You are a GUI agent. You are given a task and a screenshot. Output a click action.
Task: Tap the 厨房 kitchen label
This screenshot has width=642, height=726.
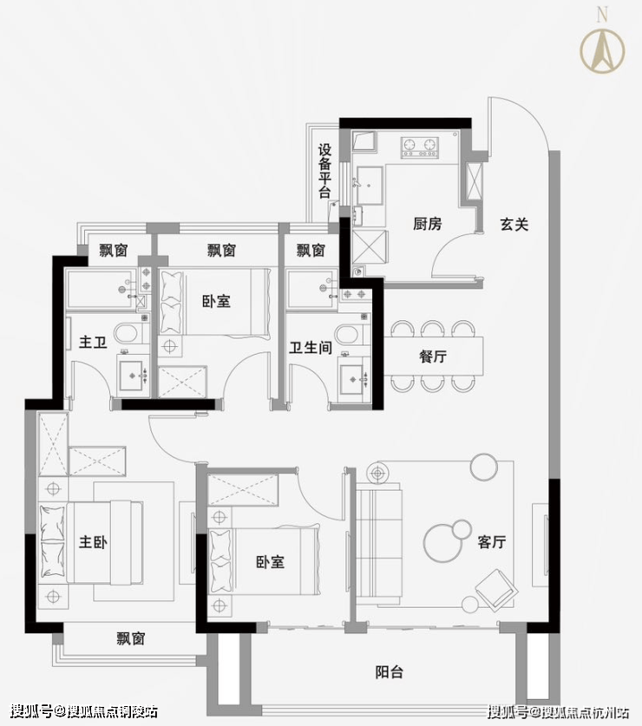click(427, 224)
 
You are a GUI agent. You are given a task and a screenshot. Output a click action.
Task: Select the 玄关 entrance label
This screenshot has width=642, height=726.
click(514, 225)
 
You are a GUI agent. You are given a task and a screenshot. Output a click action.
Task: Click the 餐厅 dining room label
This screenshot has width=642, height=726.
click(433, 356)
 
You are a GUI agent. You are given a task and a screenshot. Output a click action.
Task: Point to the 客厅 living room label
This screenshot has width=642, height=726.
click(491, 542)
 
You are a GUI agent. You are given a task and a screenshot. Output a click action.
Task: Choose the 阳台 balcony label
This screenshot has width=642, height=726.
click(389, 672)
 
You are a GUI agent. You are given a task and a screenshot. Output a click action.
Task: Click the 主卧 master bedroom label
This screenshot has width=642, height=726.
click(93, 542)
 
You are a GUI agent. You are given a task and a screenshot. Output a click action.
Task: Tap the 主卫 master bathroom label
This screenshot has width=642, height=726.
click(93, 343)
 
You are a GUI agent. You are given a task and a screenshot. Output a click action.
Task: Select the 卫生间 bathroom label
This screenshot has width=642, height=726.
click(311, 348)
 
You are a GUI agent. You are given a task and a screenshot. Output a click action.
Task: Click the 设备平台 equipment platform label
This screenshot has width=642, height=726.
click(324, 171)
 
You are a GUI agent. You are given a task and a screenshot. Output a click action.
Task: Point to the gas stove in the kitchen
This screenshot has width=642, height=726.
click(420, 147)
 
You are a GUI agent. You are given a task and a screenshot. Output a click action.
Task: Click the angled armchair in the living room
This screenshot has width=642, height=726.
click(496, 590)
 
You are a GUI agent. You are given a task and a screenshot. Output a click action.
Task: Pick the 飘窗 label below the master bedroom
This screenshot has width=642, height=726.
click(131, 639)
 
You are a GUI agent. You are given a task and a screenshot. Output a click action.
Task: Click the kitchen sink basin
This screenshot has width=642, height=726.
click(370, 185)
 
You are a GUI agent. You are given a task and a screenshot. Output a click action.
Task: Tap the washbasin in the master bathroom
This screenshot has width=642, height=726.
click(134, 376)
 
